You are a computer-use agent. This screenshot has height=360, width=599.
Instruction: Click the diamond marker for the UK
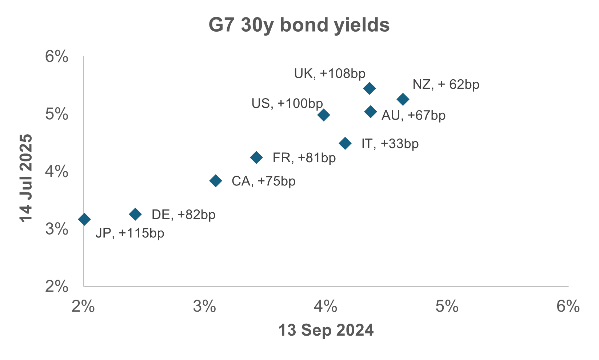point(369,88)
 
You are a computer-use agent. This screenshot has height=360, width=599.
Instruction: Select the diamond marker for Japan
point(84,219)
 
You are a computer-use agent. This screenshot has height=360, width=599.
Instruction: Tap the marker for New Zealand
point(403,99)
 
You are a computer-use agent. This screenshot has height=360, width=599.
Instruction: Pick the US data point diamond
point(323,115)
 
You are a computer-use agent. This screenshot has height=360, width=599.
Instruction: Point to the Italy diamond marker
point(345,143)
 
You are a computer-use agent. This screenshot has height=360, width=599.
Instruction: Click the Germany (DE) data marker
point(135,214)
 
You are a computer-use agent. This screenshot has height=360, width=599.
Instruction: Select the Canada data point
point(216,181)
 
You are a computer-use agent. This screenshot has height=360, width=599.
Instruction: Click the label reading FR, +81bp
point(304,158)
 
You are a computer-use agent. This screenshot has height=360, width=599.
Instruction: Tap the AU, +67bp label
point(413,116)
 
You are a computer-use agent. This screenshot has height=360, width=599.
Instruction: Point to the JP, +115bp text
point(130,233)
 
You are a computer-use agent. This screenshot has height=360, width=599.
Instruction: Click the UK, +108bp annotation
point(330,74)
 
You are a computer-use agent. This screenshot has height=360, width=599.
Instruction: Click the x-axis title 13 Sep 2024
point(326,330)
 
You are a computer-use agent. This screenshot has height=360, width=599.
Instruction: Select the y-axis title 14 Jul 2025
point(27,178)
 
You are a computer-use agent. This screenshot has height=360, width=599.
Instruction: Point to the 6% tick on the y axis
point(57,57)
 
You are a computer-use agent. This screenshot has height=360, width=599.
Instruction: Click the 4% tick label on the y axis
point(57,172)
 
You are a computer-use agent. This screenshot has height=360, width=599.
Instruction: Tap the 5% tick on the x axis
point(447,307)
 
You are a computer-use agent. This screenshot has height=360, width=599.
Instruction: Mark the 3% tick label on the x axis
point(204,307)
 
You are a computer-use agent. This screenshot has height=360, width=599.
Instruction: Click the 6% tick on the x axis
point(568,307)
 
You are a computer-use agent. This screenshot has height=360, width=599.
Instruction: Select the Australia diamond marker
point(370,112)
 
